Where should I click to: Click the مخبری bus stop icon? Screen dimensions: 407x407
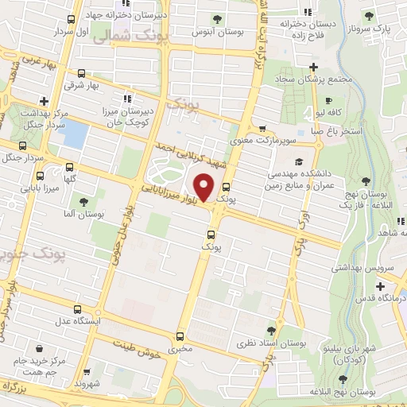coord(180,336)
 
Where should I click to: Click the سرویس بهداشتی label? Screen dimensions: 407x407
coord(374,269)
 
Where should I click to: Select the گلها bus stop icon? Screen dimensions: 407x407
coord(70,167)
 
